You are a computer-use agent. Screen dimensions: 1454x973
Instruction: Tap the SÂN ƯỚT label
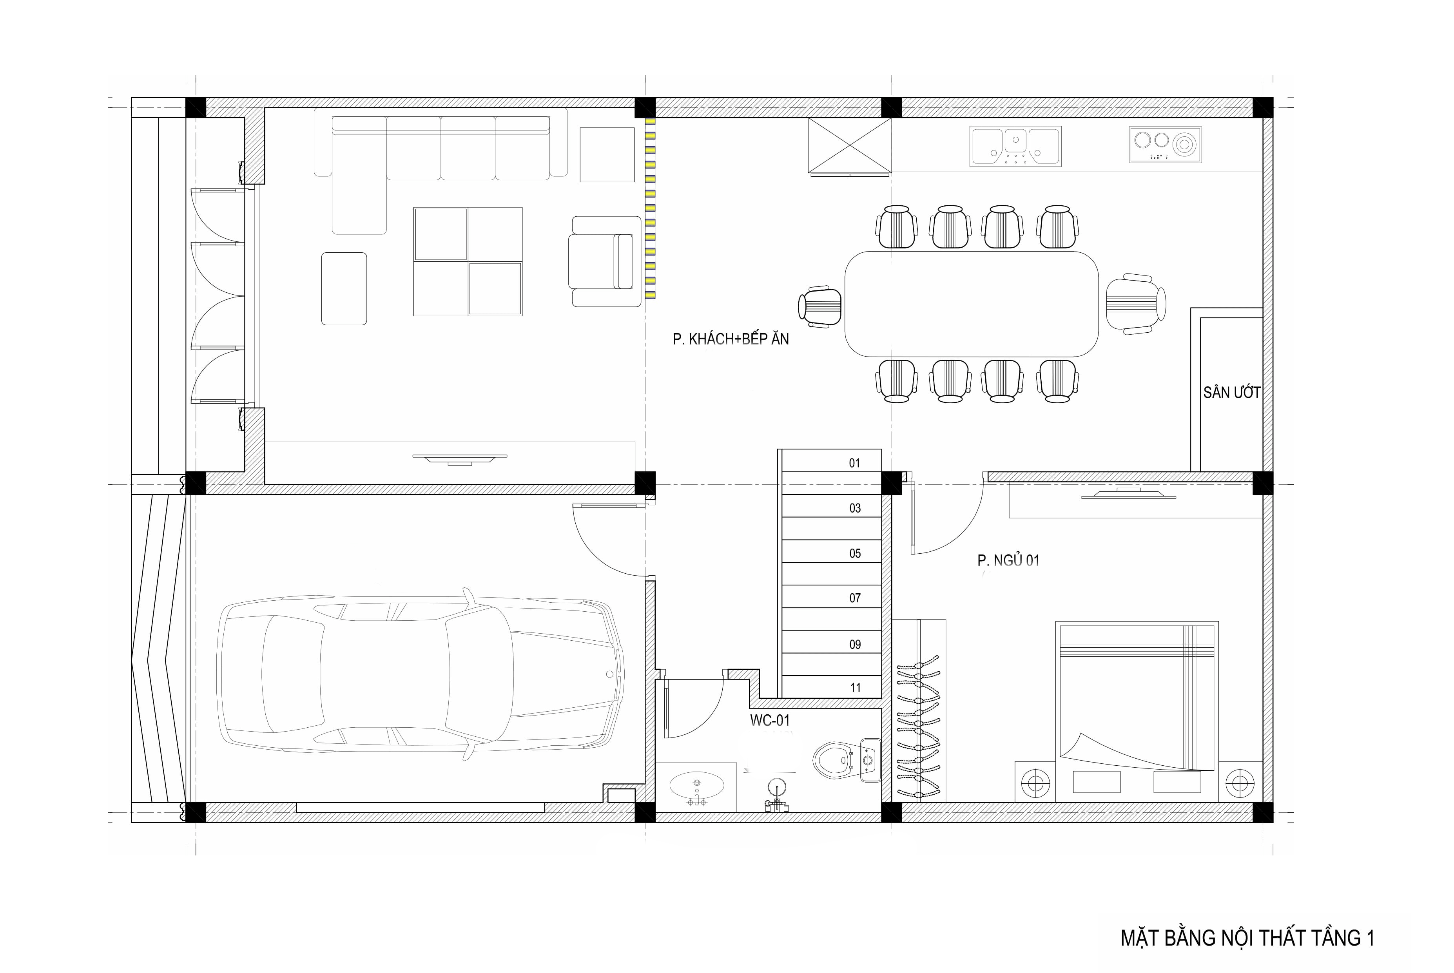pyautogui.click(x=1231, y=392)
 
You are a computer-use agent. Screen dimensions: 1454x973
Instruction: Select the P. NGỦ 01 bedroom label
pyautogui.click(x=1008, y=560)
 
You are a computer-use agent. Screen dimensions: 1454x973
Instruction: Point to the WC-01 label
pyautogui.click(x=769, y=720)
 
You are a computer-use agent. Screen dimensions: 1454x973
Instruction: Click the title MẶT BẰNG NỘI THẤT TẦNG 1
pyautogui.click(x=1247, y=938)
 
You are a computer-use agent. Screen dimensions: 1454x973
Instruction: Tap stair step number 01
pyautogui.click(x=854, y=463)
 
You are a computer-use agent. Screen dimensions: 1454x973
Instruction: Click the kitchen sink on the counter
pyautogui.click(x=1015, y=147)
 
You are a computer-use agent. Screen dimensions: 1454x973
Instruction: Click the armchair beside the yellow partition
pyautogui.click(x=605, y=261)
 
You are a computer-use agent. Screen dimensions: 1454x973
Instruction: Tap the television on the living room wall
pyautogui.click(x=460, y=458)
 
